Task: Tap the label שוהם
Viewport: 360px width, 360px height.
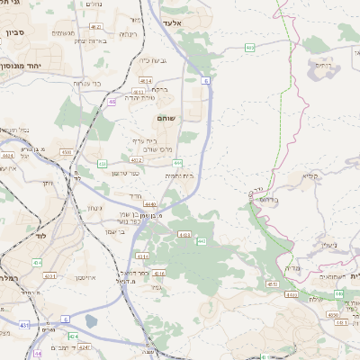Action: pyautogui.click(x=166, y=118)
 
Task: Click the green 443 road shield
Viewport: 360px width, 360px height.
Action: pyautogui.click(x=202, y=241)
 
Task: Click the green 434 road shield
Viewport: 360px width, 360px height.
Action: pyautogui.click(x=38, y=262)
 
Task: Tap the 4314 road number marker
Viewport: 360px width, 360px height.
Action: pyautogui.click(x=143, y=256)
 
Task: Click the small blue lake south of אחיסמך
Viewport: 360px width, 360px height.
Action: pyautogui.click(x=90, y=320)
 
